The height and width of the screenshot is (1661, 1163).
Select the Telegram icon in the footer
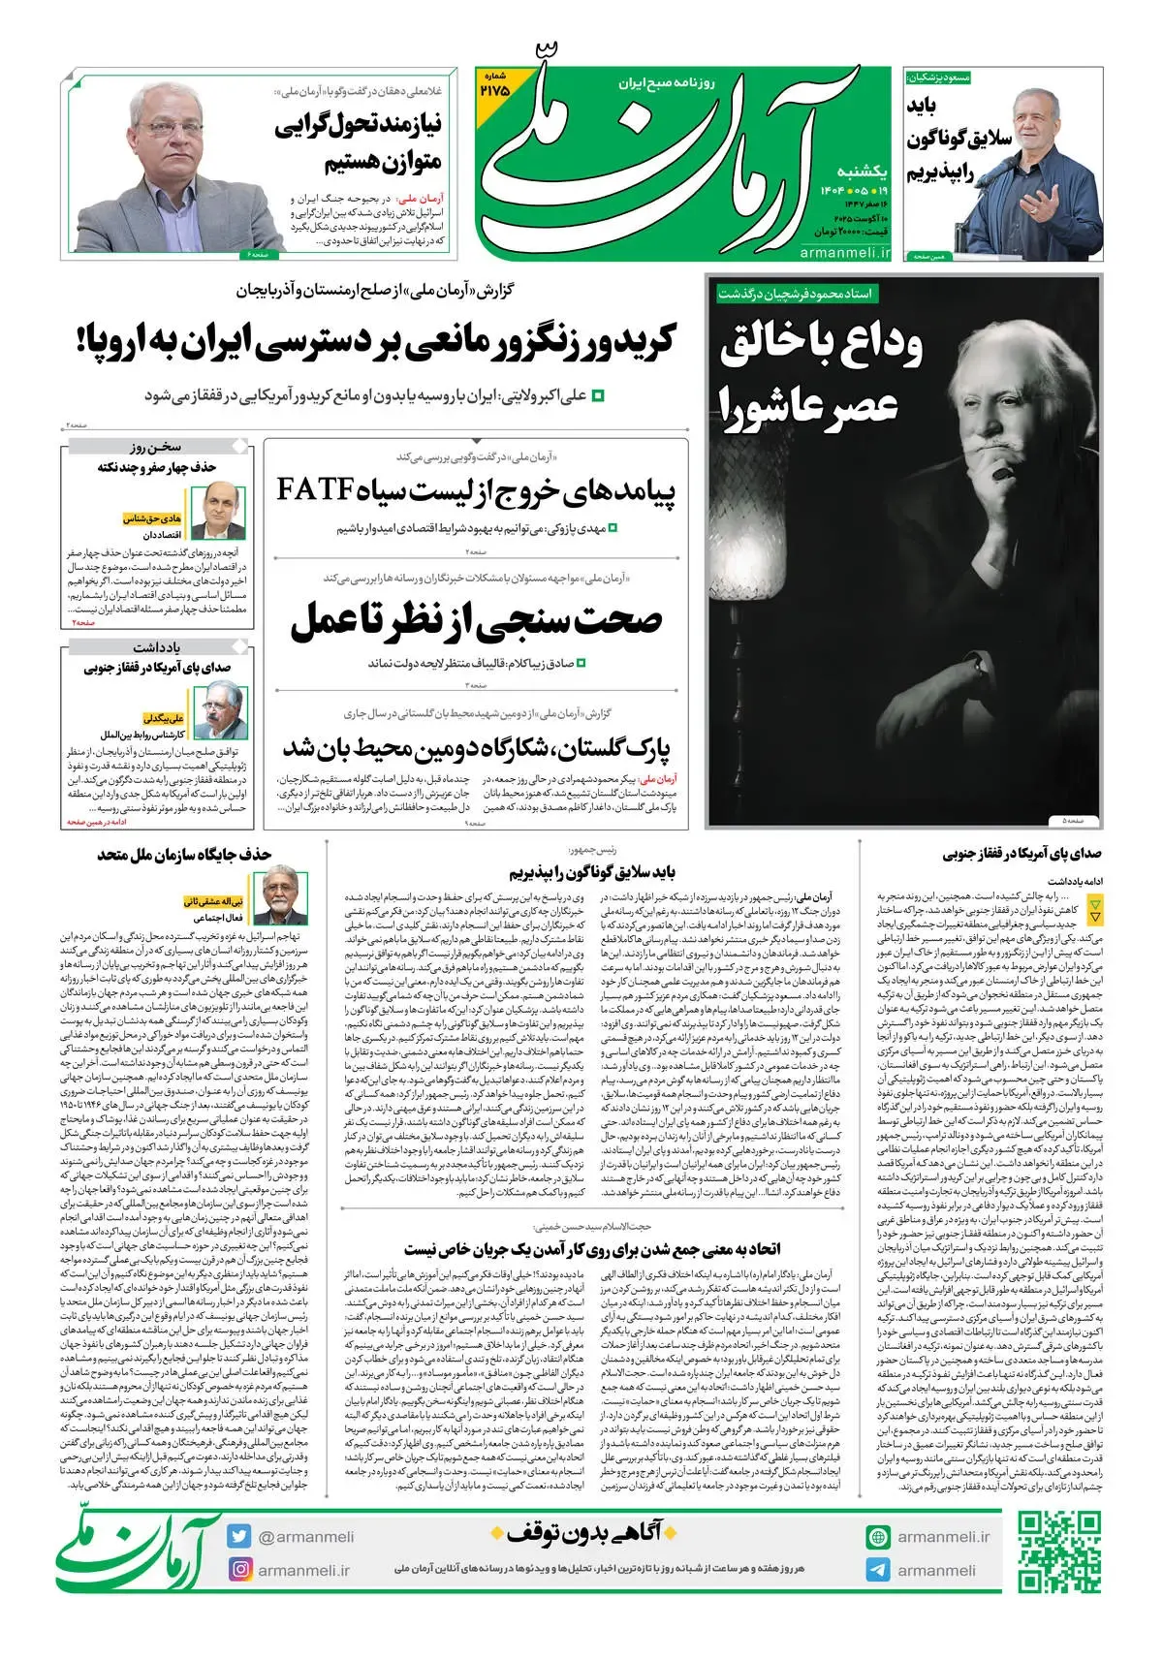878,1570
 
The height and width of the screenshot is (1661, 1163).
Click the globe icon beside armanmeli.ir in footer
878,1536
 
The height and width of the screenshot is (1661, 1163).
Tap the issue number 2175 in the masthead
493,88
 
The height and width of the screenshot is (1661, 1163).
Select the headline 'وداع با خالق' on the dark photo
820,346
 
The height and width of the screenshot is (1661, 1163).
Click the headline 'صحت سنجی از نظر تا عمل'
476,620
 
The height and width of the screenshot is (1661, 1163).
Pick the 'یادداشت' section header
157,646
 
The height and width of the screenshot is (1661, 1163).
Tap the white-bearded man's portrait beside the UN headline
280,900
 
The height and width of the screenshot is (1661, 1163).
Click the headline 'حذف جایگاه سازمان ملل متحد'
185,854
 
